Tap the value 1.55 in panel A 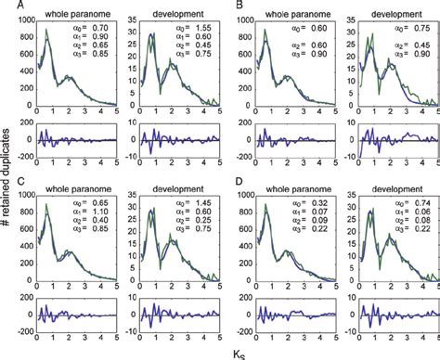(x=201, y=32)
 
